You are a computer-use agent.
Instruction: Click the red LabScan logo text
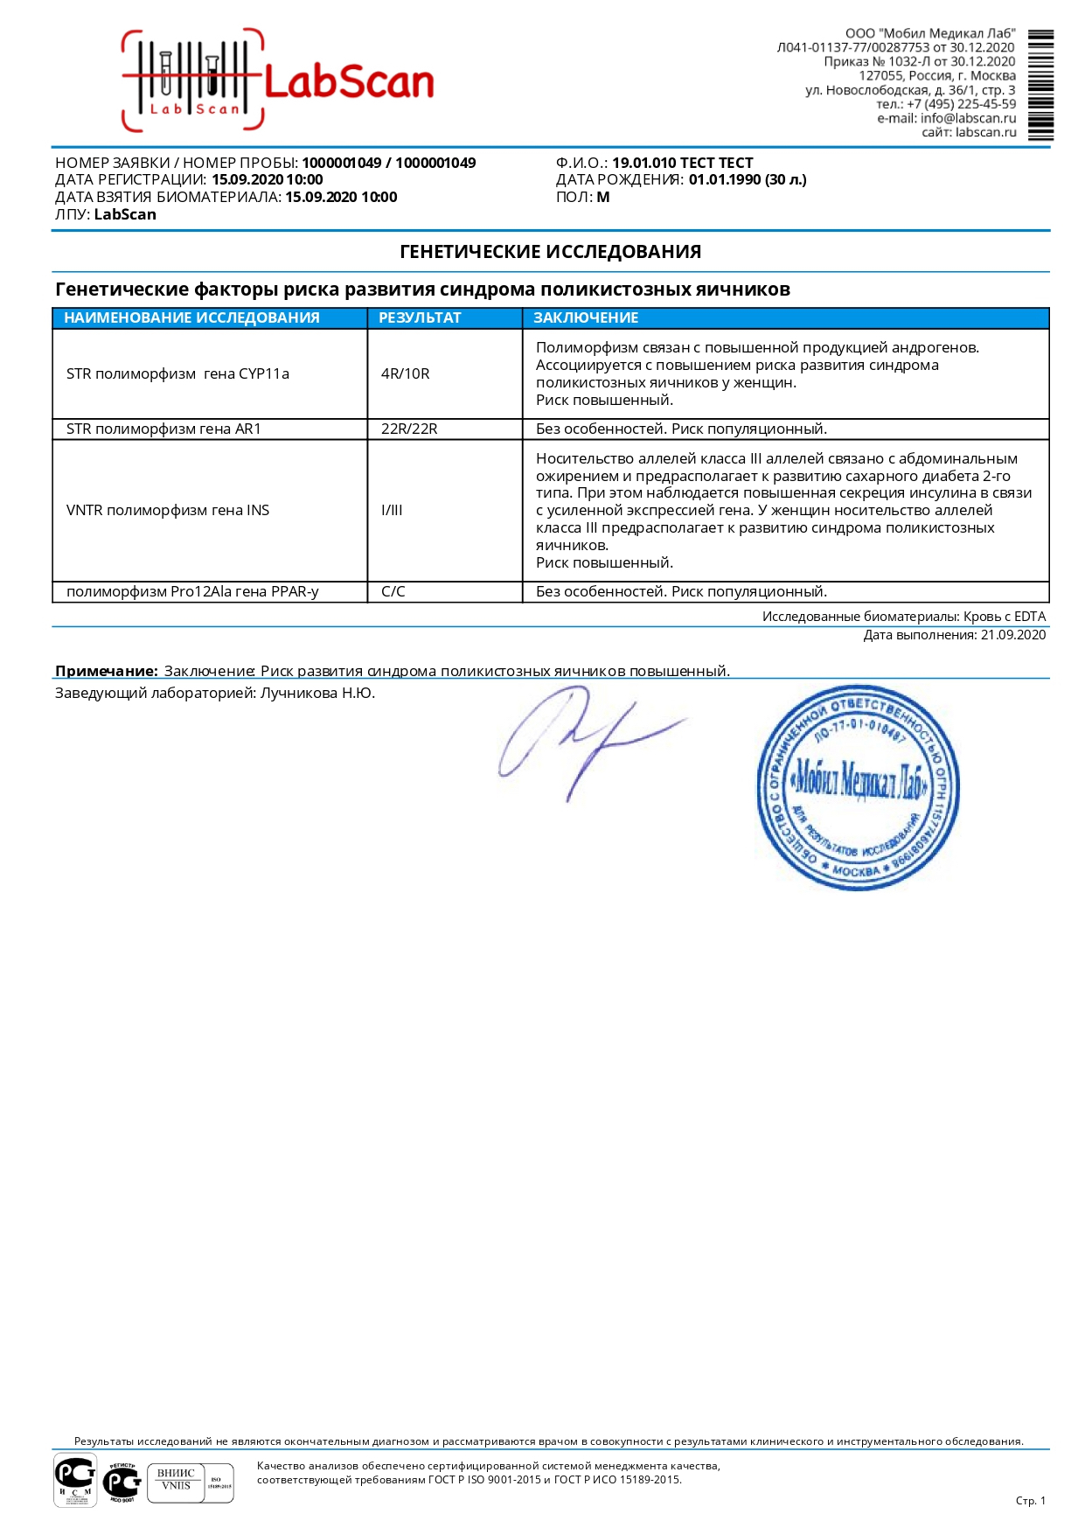tap(348, 83)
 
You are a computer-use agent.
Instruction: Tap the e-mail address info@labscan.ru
tap(968, 118)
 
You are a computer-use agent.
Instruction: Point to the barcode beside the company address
tap(1040, 85)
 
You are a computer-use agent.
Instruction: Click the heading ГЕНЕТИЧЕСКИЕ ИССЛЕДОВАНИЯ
tap(550, 252)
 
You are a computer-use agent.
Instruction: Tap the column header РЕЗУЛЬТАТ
tap(420, 317)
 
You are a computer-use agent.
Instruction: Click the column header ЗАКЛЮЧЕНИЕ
tap(586, 317)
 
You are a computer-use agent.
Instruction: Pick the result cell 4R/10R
tap(406, 373)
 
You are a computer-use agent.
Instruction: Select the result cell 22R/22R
tap(409, 429)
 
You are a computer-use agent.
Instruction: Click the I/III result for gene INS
tap(392, 510)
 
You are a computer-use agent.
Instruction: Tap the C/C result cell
tap(393, 591)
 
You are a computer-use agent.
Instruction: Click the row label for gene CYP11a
tap(177, 373)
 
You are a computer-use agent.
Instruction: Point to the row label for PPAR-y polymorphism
tap(192, 591)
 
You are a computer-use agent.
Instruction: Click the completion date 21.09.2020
tap(1012, 635)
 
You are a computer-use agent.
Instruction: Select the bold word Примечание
tap(106, 671)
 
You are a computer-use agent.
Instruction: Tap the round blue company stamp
tap(858, 787)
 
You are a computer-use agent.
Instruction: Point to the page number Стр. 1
tap(1030, 1501)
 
